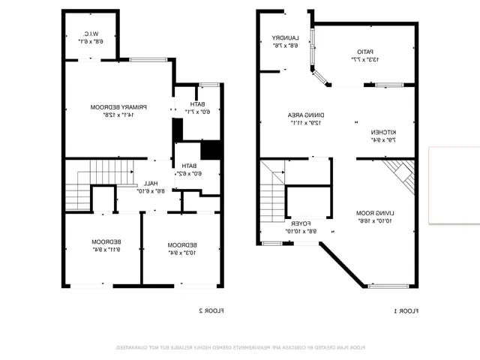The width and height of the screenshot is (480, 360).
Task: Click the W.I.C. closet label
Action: pos(88,34)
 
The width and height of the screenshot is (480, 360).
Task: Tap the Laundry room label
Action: pos(286,37)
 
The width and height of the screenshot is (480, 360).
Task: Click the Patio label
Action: pos(364,52)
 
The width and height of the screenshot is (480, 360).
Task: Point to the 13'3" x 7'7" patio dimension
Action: pos(364,59)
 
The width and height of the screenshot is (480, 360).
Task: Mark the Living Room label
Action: pos(376,213)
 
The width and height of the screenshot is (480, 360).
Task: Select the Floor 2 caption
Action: pos(211,310)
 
